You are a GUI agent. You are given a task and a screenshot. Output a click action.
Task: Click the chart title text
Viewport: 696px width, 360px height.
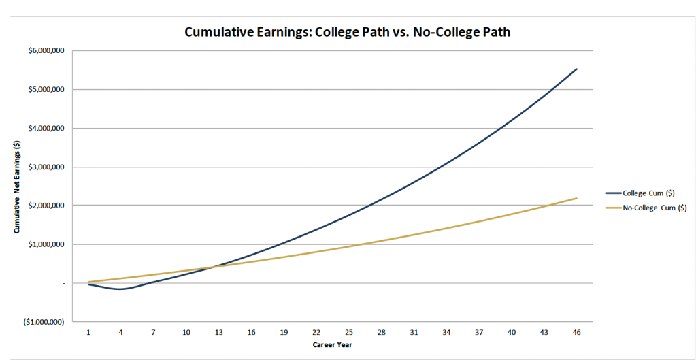coord(348,32)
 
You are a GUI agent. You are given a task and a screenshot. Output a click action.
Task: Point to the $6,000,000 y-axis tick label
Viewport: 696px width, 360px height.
coord(44,51)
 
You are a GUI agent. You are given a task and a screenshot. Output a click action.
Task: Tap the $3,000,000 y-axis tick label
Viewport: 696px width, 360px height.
coord(44,167)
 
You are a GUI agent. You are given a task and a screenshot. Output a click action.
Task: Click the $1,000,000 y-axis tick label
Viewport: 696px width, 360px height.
coord(44,244)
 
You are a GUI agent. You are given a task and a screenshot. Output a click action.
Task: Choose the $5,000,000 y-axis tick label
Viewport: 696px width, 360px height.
coord(44,90)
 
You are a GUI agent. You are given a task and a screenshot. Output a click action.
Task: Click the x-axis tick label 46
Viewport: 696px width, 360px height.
coord(576,332)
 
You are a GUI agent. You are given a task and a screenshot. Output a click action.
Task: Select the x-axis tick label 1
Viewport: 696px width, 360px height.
coord(88,332)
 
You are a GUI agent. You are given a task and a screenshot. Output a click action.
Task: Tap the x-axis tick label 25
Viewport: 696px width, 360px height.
coord(348,332)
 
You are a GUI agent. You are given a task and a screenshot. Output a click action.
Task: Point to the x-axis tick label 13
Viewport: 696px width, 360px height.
coord(218,332)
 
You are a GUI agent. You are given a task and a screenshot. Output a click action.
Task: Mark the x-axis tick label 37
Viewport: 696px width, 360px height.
coord(478,332)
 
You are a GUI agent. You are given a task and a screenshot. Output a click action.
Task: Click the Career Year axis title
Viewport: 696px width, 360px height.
coord(332,344)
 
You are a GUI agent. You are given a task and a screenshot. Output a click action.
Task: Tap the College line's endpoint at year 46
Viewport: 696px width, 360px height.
coord(576,69)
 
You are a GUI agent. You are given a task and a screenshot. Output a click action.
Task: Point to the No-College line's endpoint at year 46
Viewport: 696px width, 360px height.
coord(576,198)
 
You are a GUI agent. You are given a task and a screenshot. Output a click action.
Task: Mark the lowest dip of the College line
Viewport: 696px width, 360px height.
coord(120,289)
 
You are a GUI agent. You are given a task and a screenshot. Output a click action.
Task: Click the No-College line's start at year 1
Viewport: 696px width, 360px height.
coord(88,282)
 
